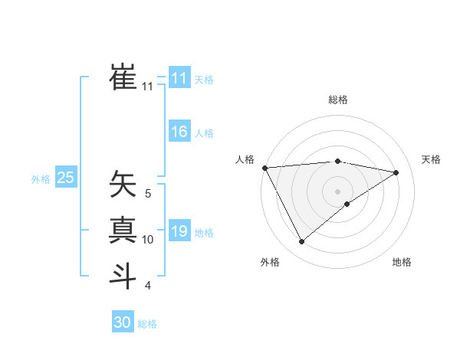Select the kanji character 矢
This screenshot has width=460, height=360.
(123, 184)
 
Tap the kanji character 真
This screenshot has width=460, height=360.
(123, 230)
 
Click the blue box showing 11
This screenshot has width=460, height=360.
(179, 78)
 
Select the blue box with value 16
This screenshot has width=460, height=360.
(179, 132)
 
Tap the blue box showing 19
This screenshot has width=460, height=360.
(179, 231)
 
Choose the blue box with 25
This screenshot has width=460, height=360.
(66, 178)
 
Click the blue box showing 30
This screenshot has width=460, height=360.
(123, 322)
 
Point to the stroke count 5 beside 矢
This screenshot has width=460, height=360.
(148, 194)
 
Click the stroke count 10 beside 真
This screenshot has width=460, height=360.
(148, 240)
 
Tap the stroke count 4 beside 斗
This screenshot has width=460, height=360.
(148, 286)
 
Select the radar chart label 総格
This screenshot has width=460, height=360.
(337, 100)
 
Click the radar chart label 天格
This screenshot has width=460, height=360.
(431, 159)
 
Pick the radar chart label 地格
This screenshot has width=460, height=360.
(402, 262)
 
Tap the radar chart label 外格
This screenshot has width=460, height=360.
(270, 262)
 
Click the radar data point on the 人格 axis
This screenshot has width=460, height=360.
(264, 167)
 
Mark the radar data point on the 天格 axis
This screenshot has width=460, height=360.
(396, 172)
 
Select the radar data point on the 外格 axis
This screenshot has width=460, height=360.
(301, 242)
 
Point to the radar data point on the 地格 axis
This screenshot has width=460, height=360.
(347, 204)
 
